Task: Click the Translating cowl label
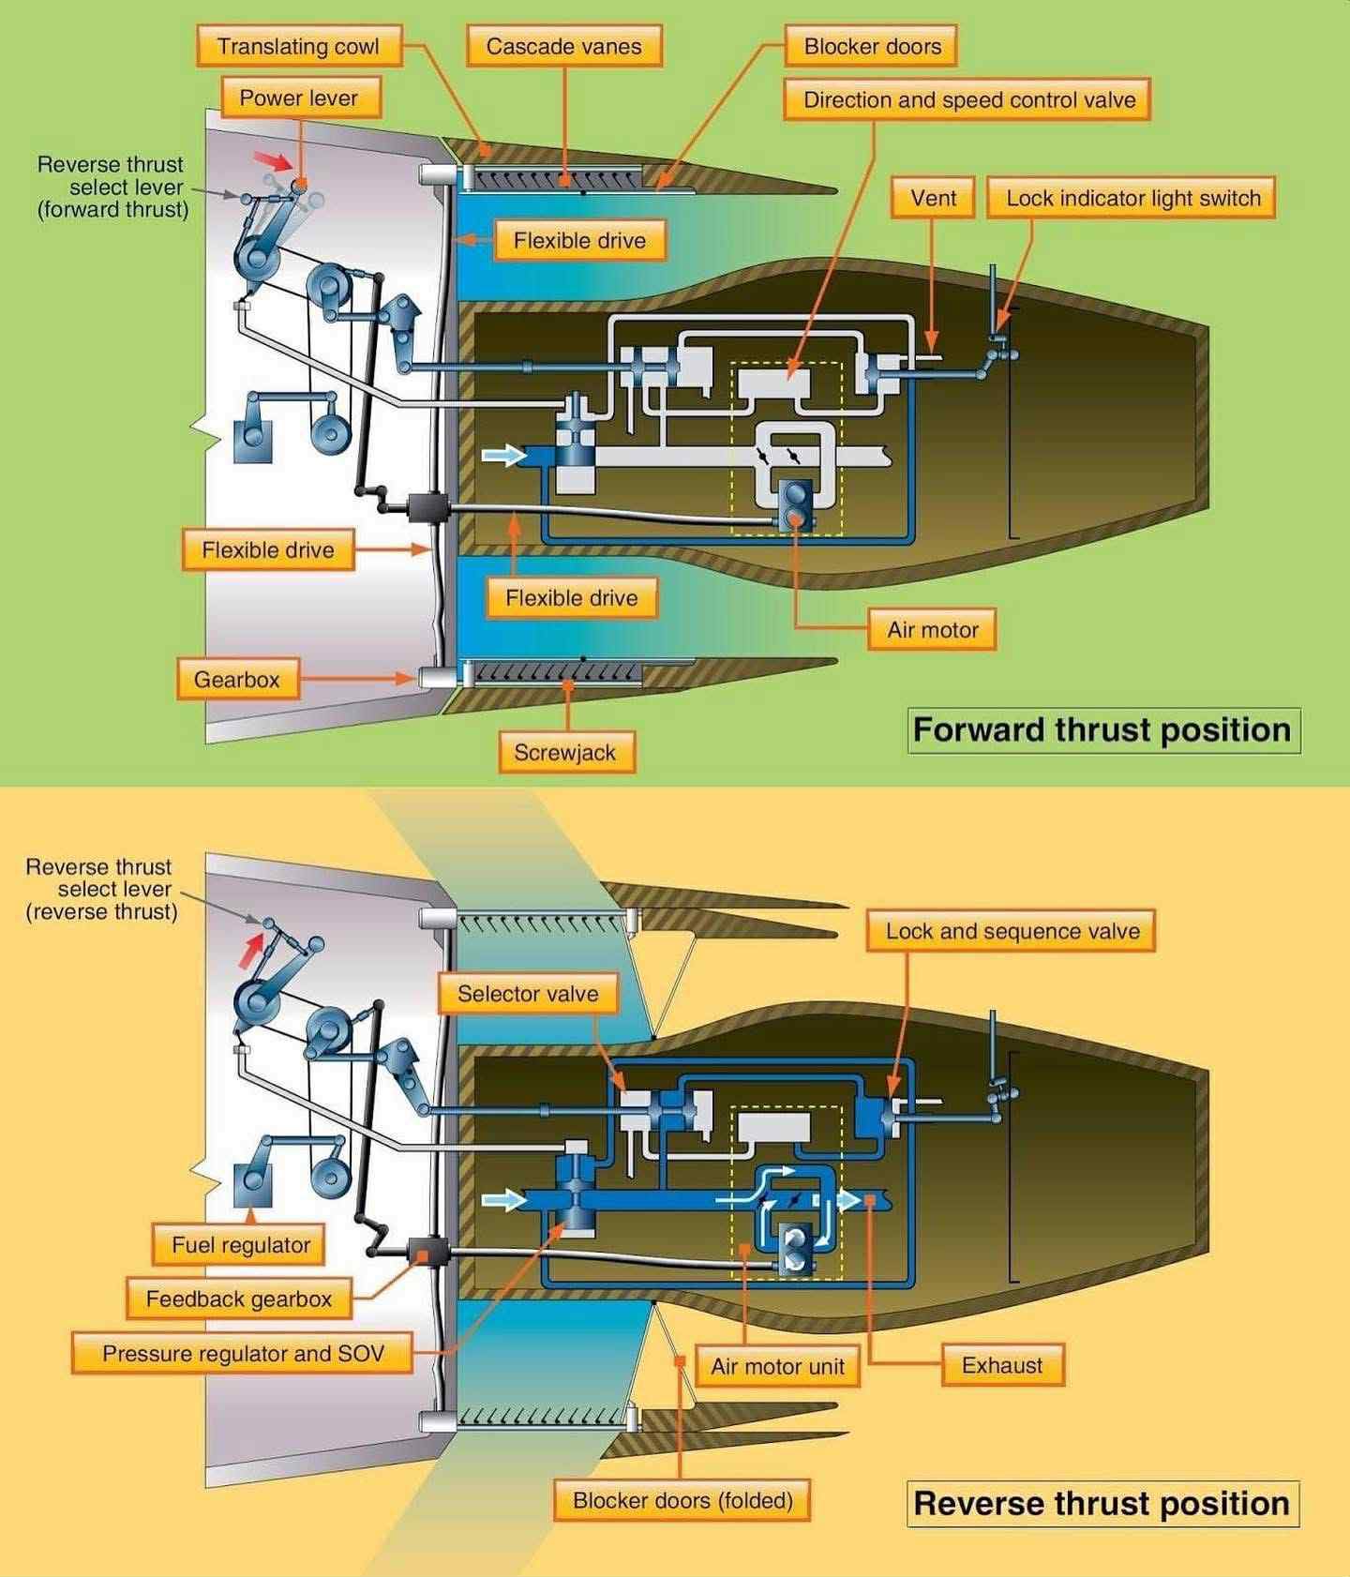point(299,46)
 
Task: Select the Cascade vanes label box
point(564,46)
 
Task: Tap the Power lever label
point(299,98)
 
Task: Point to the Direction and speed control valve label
point(967,100)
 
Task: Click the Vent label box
point(934,198)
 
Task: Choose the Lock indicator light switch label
point(1132,198)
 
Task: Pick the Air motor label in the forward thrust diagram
point(932,629)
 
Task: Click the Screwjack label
point(565,752)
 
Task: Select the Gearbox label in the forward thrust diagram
point(238,679)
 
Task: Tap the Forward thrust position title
point(1102,729)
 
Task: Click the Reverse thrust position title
point(1102,1503)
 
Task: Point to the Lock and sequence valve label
point(1011,931)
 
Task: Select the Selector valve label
point(529,994)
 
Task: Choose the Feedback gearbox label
point(239,1299)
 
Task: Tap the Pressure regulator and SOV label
point(243,1353)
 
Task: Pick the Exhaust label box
point(1002,1364)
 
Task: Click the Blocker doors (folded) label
point(682,1500)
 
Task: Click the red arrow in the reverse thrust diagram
point(251,948)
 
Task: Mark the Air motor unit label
point(777,1366)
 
